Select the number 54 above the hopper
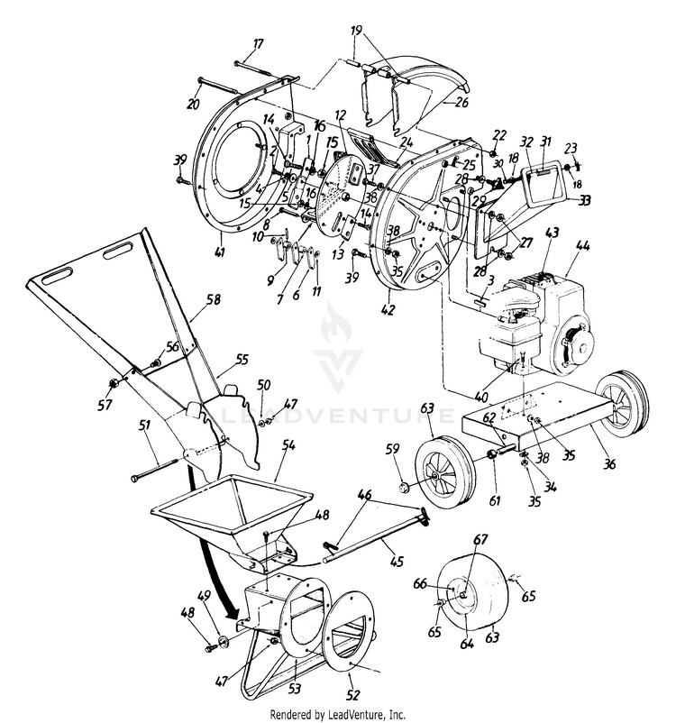(x=288, y=445)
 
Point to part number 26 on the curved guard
(x=462, y=102)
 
